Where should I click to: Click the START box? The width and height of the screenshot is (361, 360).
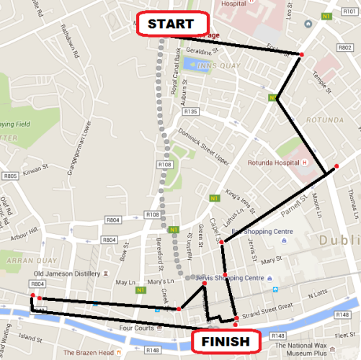click(171, 24)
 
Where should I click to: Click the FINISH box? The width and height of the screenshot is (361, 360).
click(225, 341)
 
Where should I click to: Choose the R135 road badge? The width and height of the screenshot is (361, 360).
click(191, 112)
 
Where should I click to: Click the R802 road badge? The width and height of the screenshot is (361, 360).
click(344, 46)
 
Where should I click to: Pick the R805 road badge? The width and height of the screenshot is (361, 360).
click(10, 176)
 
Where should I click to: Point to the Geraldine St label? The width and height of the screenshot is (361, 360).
click(201, 52)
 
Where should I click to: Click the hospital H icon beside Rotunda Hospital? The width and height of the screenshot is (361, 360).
click(305, 161)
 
